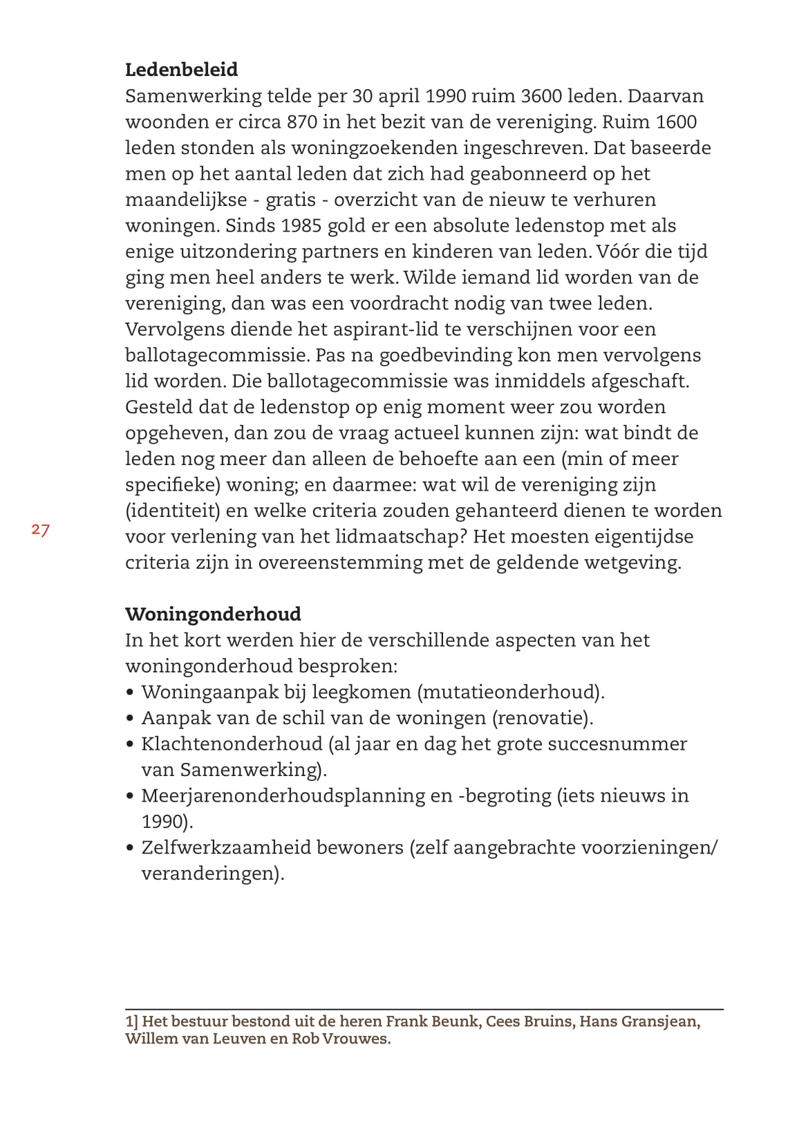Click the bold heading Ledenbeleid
181,70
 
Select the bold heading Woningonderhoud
213,614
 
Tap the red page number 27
40,530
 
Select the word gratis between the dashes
292,200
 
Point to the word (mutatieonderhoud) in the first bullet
512,692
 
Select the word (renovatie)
543,718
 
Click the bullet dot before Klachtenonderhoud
130,745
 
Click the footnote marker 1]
131,1021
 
